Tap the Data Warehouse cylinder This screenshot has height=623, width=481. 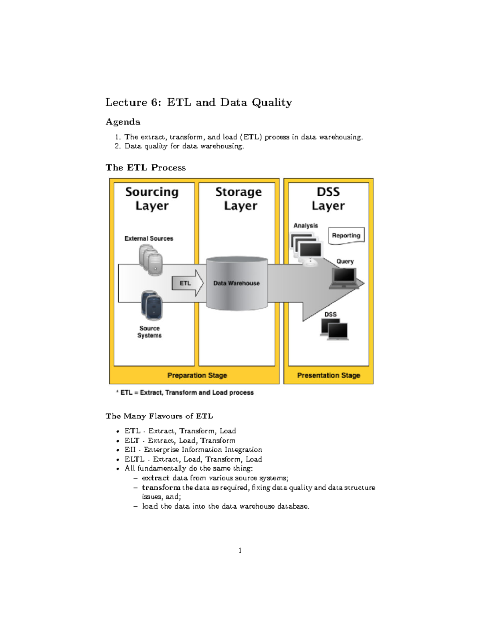point(236,283)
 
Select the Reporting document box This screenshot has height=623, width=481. point(346,235)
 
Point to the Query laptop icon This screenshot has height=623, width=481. point(344,278)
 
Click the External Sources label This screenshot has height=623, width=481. point(149,239)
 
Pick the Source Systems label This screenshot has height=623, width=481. point(150,332)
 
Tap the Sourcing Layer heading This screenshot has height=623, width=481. point(152,199)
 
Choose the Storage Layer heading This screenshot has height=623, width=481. point(239,199)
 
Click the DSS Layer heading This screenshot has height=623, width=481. point(328,199)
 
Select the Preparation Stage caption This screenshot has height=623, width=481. point(197,375)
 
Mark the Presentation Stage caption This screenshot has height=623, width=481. point(329,375)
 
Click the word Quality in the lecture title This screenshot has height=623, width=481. point(272,103)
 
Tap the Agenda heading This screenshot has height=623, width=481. point(123,122)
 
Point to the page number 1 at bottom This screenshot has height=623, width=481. point(240,550)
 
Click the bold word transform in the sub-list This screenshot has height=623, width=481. point(161,487)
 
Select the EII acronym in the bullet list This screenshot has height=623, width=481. point(130,450)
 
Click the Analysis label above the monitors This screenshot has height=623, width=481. point(306,226)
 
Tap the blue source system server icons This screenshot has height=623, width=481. point(152,305)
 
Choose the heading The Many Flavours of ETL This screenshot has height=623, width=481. point(159,416)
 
